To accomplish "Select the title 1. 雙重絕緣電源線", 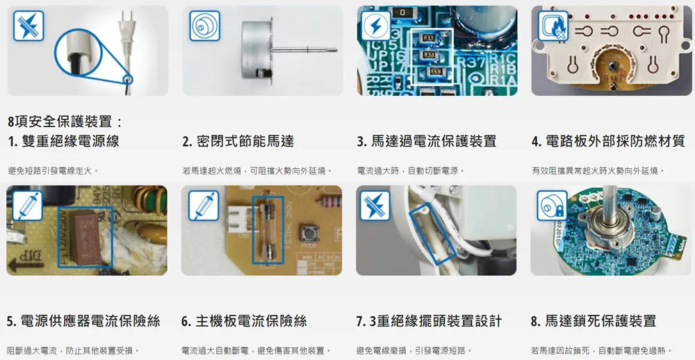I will click(63, 142).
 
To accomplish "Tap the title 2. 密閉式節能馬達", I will click(238, 142).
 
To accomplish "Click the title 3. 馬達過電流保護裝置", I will click(426, 142).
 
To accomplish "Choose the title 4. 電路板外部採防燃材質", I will click(608, 142).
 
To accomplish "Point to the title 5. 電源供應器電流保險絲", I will click(83, 321).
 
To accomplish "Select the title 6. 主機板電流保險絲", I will click(244, 321).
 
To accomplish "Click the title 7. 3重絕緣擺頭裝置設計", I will click(429, 321).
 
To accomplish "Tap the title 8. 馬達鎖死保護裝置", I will click(593, 321).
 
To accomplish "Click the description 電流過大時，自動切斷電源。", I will click(410, 170).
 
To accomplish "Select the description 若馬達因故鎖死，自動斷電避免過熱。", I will click(601, 350).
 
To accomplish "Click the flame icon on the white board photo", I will click(553, 26).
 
